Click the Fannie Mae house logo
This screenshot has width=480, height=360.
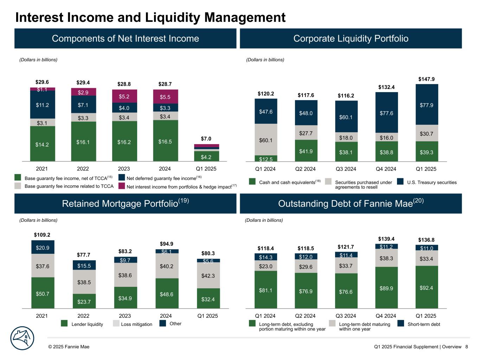click(x=22, y=339)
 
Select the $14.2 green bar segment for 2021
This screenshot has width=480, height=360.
click(x=42, y=144)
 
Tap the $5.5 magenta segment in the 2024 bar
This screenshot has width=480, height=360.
click(x=165, y=97)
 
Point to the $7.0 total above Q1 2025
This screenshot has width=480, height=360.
click(x=206, y=139)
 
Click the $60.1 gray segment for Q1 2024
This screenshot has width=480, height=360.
click(x=266, y=140)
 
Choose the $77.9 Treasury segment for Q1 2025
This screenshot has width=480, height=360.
click(x=427, y=105)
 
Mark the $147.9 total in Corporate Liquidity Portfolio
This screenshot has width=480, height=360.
click(x=426, y=79)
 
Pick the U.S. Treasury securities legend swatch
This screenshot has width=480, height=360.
click(x=400, y=181)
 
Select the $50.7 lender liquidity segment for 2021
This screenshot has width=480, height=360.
click(x=43, y=293)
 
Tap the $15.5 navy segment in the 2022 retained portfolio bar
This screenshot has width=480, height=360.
click(x=84, y=265)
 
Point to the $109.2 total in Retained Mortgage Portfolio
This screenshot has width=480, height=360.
click(x=42, y=234)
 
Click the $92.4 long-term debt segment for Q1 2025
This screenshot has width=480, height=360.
click(x=427, y=288)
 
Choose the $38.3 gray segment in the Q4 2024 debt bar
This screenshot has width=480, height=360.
click(x=386, y=258)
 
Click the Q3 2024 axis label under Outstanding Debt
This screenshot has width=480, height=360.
click(x=346, y=316)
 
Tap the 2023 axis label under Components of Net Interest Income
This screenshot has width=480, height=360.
click(x=124, y=169)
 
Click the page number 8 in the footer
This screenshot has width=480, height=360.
click(x=466, y=347)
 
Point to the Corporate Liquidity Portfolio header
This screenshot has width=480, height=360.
click(x=351, y=38)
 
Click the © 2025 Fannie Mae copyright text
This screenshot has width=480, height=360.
click(x=69, y=347)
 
